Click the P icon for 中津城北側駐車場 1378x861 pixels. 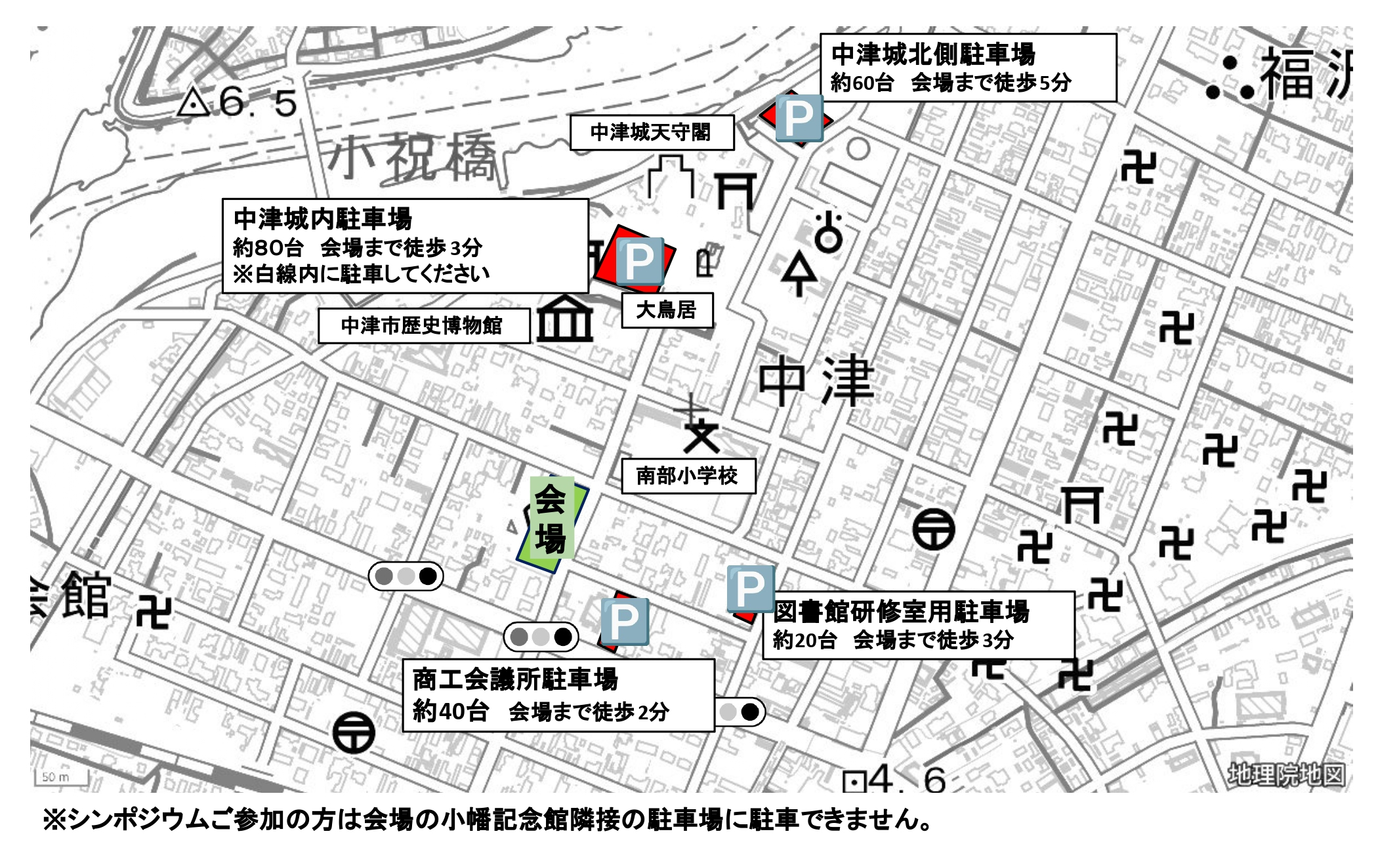799,118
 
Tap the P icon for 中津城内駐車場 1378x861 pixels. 640,261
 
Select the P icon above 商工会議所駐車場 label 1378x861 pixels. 624,621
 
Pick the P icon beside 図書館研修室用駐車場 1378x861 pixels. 750,588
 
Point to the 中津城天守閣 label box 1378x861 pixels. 651,132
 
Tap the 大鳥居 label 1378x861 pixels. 667,310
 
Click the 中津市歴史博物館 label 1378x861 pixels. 423,325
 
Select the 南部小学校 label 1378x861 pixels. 688,475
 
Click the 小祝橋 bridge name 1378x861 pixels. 412,157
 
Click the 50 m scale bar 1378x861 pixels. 60,778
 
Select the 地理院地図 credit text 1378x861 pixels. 1286,775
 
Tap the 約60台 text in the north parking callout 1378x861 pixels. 862,83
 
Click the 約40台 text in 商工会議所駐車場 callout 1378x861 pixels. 450,711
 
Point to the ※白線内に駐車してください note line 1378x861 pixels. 362,274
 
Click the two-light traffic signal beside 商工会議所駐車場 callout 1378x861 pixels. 740,712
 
